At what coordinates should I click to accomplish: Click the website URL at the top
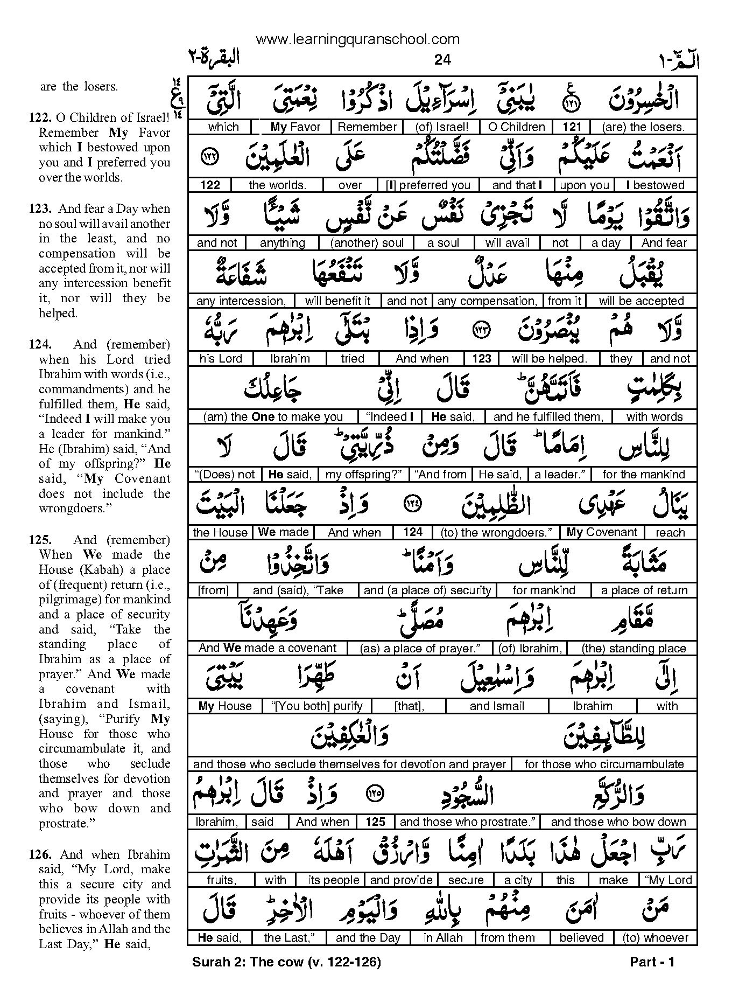click(357, 39)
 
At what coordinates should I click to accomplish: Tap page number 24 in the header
click(442, 60)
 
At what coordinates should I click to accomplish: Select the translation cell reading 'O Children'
click(516, 127)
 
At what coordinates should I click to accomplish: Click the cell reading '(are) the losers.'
click(643, 127)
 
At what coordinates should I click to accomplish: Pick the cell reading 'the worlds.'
click(277, 185)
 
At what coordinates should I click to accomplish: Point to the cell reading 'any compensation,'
click(487, 301)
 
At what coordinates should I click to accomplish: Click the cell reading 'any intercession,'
click(241, 301)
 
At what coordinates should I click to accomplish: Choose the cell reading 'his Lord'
click(221, 359)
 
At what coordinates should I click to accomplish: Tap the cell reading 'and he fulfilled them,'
click(548, 417)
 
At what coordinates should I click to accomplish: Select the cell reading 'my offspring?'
click(363, 475)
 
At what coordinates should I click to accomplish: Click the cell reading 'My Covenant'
click(602, 532)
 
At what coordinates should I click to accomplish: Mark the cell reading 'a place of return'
click(644, 590)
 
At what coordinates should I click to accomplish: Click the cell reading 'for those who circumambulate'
click(604, 764)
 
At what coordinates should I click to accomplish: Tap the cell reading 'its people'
click(334, 880)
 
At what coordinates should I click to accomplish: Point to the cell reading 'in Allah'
click(443, 938)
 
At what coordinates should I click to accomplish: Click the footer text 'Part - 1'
click(652, 962)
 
